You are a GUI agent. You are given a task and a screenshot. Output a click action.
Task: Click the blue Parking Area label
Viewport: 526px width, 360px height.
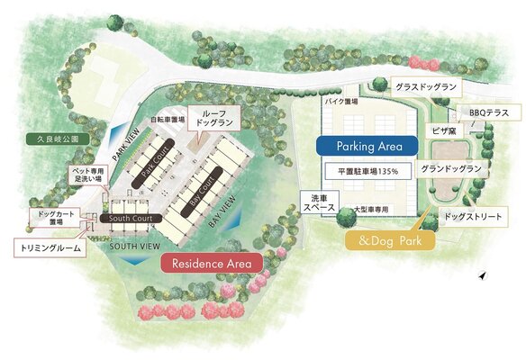[x=365, y=146]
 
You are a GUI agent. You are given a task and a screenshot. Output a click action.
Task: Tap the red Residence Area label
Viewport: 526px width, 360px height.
[x=211, y=263]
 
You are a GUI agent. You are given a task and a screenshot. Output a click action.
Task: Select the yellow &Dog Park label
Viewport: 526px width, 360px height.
[x=391, y=240]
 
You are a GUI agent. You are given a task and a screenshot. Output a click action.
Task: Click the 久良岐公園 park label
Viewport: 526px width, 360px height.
[x=53, y=140]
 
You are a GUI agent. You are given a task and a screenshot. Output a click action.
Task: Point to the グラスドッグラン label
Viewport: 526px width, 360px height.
[x=425, y=87]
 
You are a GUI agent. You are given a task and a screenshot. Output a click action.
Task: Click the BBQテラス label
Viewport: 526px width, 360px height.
[x=489, y=114]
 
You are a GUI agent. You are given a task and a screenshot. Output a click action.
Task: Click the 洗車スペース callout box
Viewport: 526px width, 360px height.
[x=318, y=202]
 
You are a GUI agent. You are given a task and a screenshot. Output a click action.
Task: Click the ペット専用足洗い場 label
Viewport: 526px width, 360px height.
[x=89, y=175]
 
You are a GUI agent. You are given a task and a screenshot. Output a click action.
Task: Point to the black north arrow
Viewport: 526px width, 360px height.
[x=483, y=275]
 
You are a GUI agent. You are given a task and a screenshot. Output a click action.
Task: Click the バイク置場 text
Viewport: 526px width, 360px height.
[x=341, y=103]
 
